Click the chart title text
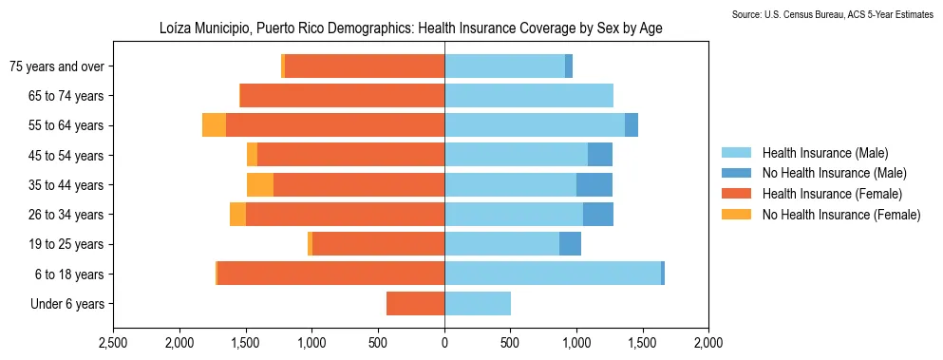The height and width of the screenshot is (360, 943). [x=410, y=29]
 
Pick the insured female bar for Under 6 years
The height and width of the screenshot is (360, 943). [x=416, y=304]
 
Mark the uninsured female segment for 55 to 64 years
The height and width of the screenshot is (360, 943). [x=214, y=125]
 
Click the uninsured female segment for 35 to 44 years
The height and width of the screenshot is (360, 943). [x=260, y=185]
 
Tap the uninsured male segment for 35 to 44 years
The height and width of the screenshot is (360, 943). [x=594, y=185]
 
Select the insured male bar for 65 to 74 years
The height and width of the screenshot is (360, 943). [x=529, y=96]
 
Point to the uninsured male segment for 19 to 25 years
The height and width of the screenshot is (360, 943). [x=570, y=244]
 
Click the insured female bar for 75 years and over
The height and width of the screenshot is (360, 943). [x=365, y=66]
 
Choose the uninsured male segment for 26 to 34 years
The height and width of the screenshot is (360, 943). [x=598, y=215]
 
